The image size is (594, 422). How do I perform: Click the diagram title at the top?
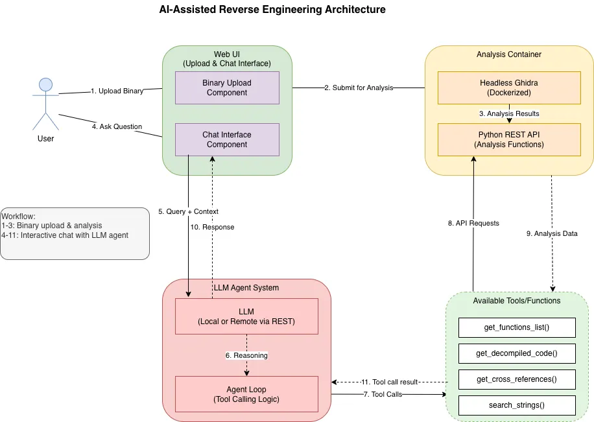click(x=272, y=10)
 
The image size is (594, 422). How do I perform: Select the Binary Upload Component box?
click(x=227, y=88)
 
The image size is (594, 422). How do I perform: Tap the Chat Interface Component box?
click(x=227, y=139)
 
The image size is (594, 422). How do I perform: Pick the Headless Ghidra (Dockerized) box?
click(x=509, y=88)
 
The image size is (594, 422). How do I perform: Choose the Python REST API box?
click(x=509, y=139)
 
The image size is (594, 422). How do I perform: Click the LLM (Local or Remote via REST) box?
click(x=246, y=316)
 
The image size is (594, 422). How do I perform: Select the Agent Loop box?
click(x=246, y=394)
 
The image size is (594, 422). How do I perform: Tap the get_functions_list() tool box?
click(x=517, y=327)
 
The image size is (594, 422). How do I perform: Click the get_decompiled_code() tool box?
click(x=517, y=353)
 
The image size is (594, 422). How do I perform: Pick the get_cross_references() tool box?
click(x=517, y=379)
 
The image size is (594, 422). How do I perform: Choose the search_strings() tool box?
click(x=517, y=405)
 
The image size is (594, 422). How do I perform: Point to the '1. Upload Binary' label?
click(x=117, y=91)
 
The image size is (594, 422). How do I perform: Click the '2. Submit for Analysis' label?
click(x=359, y=88)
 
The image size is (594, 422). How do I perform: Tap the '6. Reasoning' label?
click(x=246, y=355)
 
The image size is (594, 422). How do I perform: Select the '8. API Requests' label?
click(x=473, y=223)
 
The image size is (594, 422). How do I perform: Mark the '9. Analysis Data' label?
click(x=551, y=233)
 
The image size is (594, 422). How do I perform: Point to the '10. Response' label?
click(x=212, y=228)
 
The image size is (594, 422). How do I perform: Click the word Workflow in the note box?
click(x=18, y=216)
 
